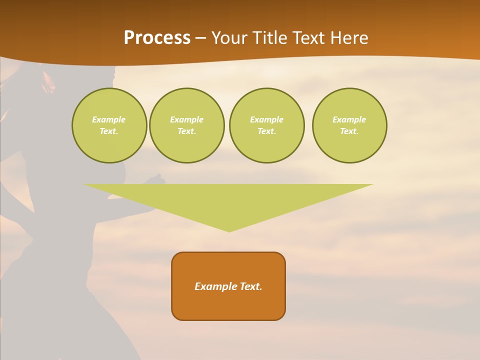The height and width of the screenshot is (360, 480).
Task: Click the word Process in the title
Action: (x=157, y=38)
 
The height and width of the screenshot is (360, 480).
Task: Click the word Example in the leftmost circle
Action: (x=109, y=119)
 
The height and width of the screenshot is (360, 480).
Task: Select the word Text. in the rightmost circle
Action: (x=349, y=131)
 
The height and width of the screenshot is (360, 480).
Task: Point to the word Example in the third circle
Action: (x=266, y=119)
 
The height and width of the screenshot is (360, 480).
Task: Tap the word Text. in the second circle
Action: (x=186, y=131)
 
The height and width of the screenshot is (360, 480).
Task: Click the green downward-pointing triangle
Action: (x=229, y=200)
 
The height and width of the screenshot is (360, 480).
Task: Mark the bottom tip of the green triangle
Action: (x=229, y=230)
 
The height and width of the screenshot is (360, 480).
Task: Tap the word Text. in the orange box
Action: (x=251, y=286)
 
